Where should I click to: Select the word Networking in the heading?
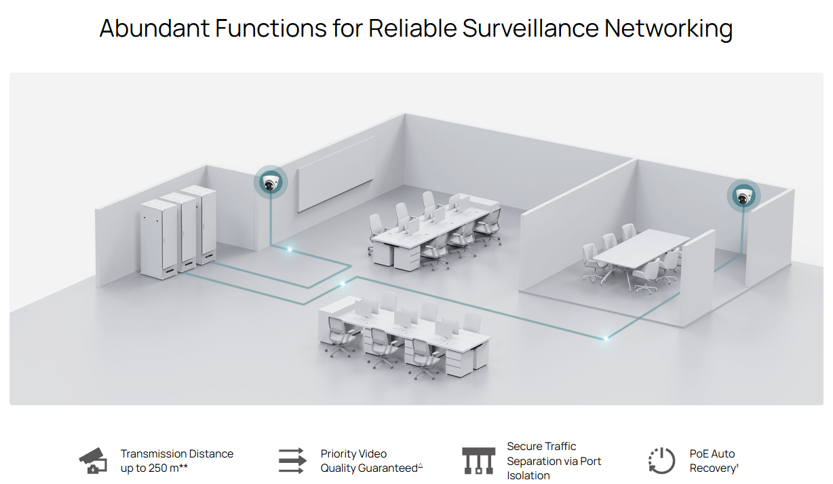point(668,29)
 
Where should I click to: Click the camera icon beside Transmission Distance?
point(93,461)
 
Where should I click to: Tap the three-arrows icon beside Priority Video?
point(292,461)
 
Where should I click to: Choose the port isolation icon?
point(478,461)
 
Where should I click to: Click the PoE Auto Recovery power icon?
point(661,461)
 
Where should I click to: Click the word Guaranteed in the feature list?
point(388,468)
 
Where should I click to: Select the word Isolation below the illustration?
point(528,475)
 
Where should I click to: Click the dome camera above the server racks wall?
point(271,183)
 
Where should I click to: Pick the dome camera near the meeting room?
point(744,196)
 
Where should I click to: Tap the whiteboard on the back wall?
point(336,173)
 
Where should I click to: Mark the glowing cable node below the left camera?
point(290,250)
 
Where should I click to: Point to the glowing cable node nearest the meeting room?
point(606,337)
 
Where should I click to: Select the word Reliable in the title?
point(412,29)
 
